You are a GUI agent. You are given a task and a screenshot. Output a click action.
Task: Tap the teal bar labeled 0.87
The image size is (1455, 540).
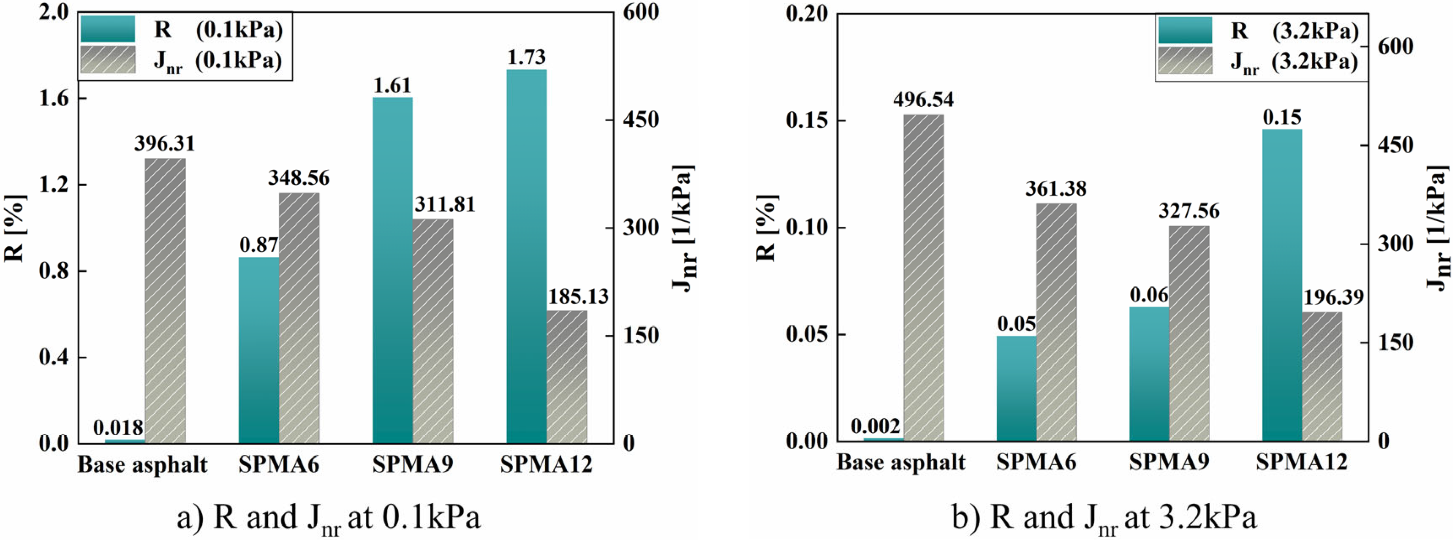(259, 350)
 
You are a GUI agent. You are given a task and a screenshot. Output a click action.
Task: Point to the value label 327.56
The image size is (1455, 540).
(1188, 211)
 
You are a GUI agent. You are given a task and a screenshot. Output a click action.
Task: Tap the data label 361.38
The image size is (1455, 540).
(1055, 189)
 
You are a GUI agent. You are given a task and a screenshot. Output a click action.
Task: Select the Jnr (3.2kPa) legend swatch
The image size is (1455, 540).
(1184, 61)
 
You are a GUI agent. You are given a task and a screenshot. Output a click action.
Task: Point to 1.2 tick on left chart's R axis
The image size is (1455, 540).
(54, 185)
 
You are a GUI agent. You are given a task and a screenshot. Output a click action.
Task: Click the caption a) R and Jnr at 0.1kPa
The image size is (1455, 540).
(329, 517)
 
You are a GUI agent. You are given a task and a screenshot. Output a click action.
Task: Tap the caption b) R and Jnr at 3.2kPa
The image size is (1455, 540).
(1104, 517)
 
